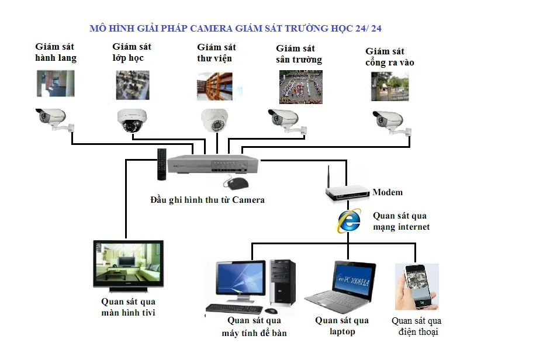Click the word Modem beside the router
click(x=388, y=192)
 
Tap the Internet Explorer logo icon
click(x=348, y=221)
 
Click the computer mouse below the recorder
click(x=236, y=184)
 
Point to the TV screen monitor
click(x=129, y=266)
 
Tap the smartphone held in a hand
click(x=416, y=287)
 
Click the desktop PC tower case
click(x=282, y=283)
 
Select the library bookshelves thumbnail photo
click(x=215, y=86)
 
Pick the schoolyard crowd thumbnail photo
click(x=300, y=87)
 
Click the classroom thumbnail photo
click(x=132, y=85)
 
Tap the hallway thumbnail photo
click(x=56, y=83)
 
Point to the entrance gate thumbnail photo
click(x=389, y=86)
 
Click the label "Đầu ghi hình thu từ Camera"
click(x=207, y=200)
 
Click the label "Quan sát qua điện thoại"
click(x=416, y=327)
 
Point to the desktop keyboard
click(x=234, y=309)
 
